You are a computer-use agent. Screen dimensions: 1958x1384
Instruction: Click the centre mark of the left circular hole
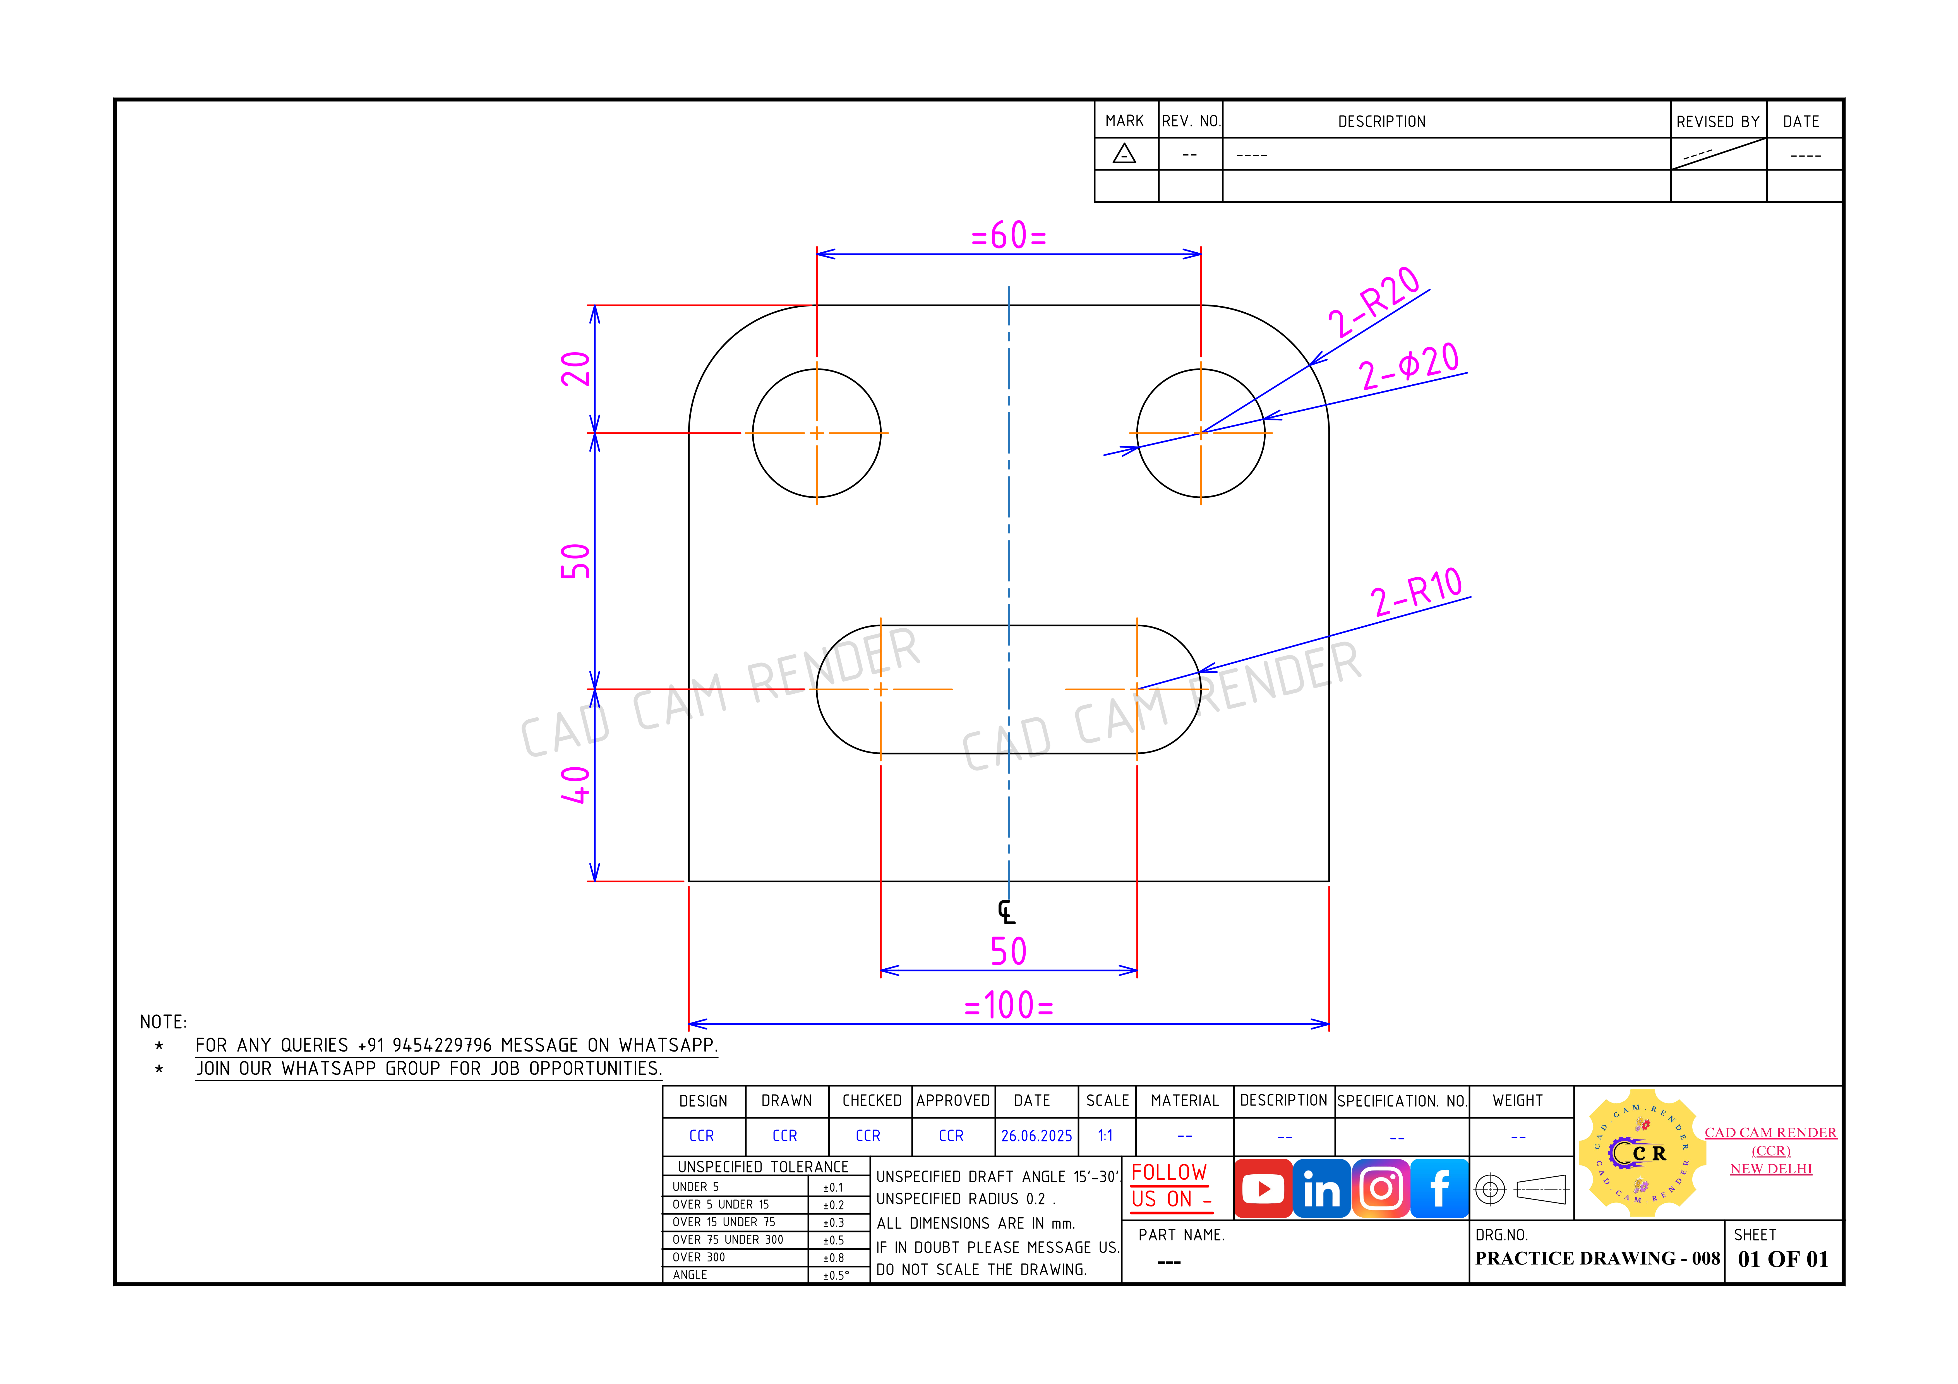(817, 433)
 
